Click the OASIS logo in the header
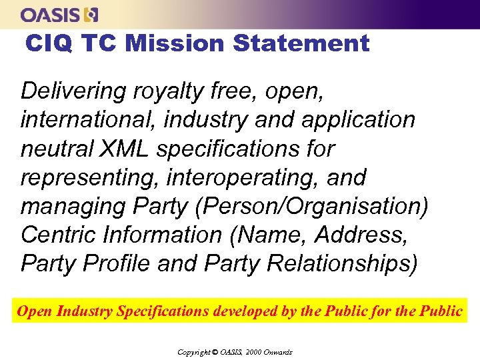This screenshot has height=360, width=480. click(x=59, y=14)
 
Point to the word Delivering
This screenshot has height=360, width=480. click(x=73, y=91)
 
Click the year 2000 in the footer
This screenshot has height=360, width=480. click(x=255, y=352)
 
